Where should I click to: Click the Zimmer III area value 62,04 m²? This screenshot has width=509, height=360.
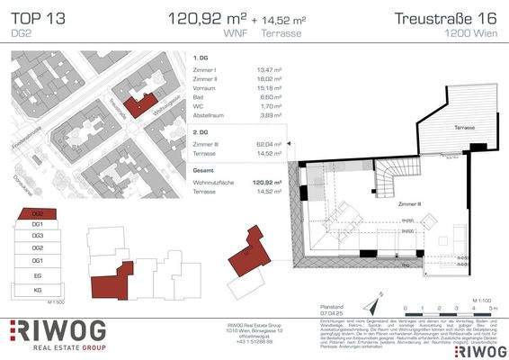point(269,144)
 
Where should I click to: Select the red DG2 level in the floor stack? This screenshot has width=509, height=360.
point(38,215)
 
